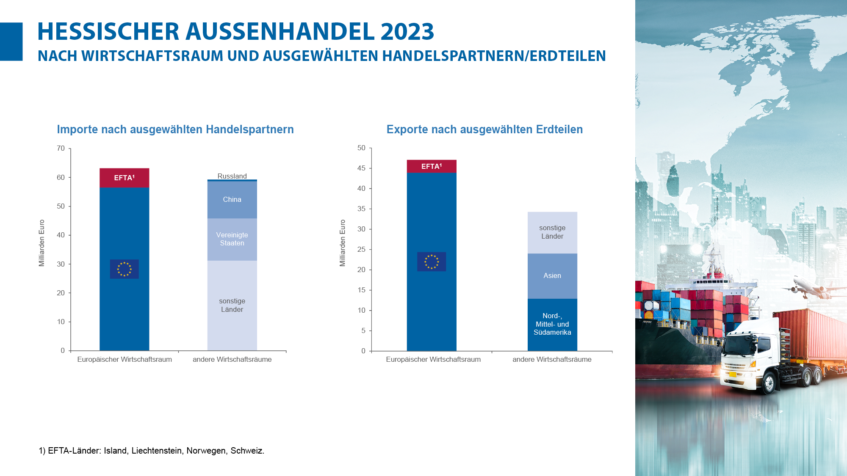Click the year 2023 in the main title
click(x=407, y=32)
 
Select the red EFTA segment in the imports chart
click(x=124, y=178)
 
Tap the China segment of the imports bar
click(x=232, y=199)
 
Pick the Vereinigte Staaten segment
click(x=232, y=239)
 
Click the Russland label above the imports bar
click(x=232, y=176)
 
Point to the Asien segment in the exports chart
click(x=552, y=276)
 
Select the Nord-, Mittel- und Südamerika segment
click(x=552, y=324)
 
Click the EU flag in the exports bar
click(x=432, y=261)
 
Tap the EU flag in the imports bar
click(x=124, y=269)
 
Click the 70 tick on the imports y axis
click(x=61, y=149)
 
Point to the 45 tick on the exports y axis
click(x=361, y=168)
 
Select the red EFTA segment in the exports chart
click(x=432, y=166)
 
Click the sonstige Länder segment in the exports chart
click(x=552, y=232)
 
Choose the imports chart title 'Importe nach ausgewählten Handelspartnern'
click(x=175, y=129)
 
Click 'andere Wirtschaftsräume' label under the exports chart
click(x=552, y=359)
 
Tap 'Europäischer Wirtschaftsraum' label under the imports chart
click(x=125, y=359)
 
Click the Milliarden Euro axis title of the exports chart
click(x=343, y=243)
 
